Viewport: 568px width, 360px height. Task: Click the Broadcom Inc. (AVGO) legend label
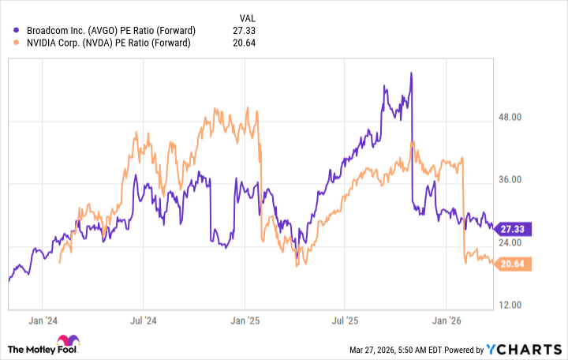pyautogui.click(x=110, y=30)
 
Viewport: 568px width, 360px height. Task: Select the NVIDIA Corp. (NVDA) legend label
pyautogui.click(x=108, y=43)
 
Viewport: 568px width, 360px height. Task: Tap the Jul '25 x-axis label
pyautogui.click(x=344, y=321)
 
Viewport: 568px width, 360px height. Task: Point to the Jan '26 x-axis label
pyautogui.click(x=446, y=321)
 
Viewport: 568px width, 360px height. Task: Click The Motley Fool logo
pyautogui.click(x=43, y=348)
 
